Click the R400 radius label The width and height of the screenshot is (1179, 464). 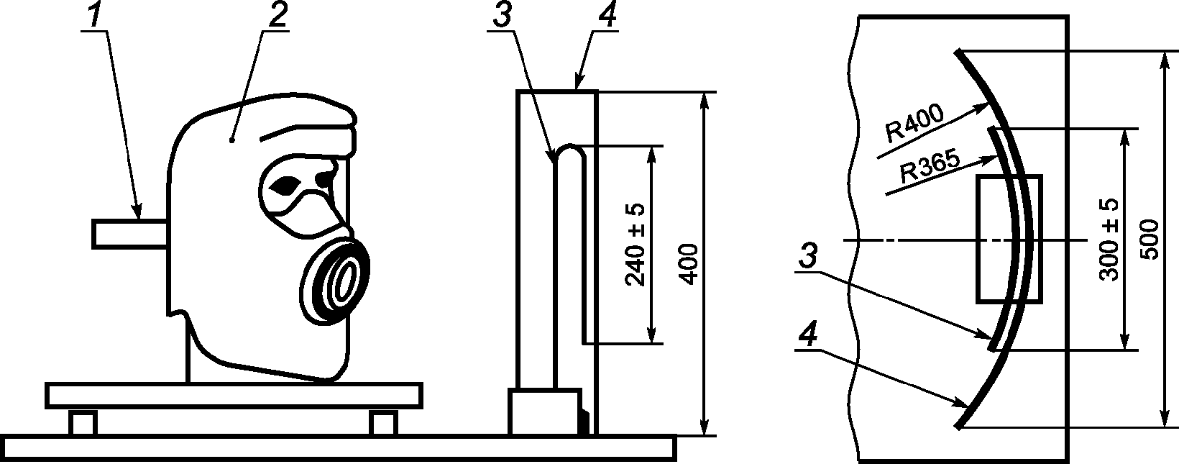point(914,125)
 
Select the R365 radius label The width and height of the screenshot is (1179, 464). point(929,168)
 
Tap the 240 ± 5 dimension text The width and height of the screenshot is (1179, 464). point(636,245)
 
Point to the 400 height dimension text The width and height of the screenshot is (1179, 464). point(689,264)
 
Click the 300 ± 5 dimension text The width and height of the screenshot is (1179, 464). point(1109,240)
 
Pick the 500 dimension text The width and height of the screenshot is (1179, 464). point(1151,240)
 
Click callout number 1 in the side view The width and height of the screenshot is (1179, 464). point(94,17)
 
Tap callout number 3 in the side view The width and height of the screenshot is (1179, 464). point(502,17)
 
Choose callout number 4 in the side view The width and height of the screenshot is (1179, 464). point(606,17)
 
